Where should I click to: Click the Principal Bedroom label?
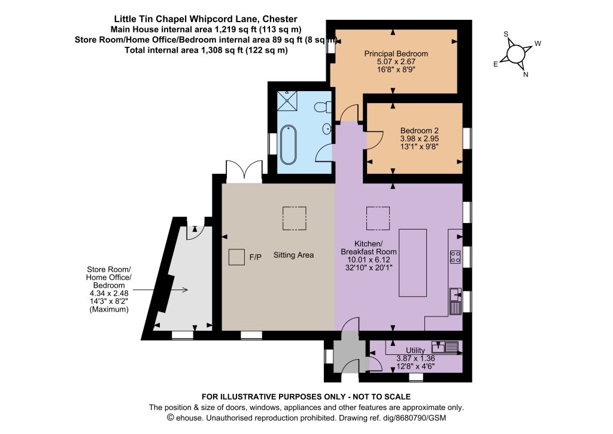396,53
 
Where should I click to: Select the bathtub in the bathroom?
288,145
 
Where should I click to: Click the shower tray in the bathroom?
287,101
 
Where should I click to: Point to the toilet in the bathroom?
323,107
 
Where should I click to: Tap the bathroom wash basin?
327,128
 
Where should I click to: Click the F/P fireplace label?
256,257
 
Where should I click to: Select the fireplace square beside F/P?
236,257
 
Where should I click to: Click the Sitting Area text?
293,255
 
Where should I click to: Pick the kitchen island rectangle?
412,263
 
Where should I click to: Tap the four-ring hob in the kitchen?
455,257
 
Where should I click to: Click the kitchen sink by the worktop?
456,302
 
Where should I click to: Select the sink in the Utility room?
445,347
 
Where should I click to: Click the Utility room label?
415,350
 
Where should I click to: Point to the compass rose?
516,53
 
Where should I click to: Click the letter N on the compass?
526,74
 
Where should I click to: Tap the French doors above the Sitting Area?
244,171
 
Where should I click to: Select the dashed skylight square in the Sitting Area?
295,218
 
